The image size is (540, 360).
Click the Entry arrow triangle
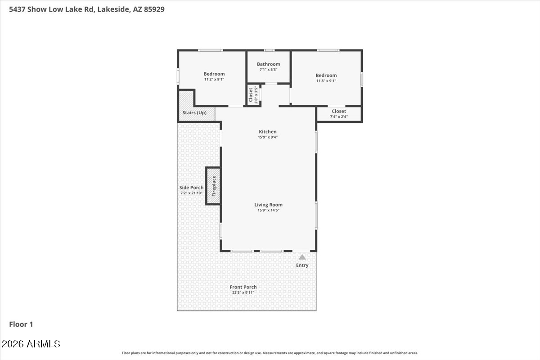coord(302,257)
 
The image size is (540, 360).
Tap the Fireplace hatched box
coord(213,186)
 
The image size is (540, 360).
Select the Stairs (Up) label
coord(194,112)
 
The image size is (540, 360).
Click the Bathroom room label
coord(268,64)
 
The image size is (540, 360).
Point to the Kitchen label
coord(267,132)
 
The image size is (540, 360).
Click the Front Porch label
coord(243,287)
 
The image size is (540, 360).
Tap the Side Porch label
coord(191,188)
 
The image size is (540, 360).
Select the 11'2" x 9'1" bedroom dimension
coord(214,79)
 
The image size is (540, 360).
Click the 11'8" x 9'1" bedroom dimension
coord(326,81)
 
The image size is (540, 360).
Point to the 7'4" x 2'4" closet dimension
coord(339,117)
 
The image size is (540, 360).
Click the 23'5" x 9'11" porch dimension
coord(243,292)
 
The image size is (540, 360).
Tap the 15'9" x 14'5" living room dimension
coord(268,210)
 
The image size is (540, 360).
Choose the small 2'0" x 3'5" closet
coord(253,95)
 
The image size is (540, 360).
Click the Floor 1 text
coord(21,324)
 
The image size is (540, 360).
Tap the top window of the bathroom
coord(269,50)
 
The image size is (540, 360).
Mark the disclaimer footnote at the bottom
coord(270,353)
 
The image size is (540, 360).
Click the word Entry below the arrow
coord(302,265)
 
